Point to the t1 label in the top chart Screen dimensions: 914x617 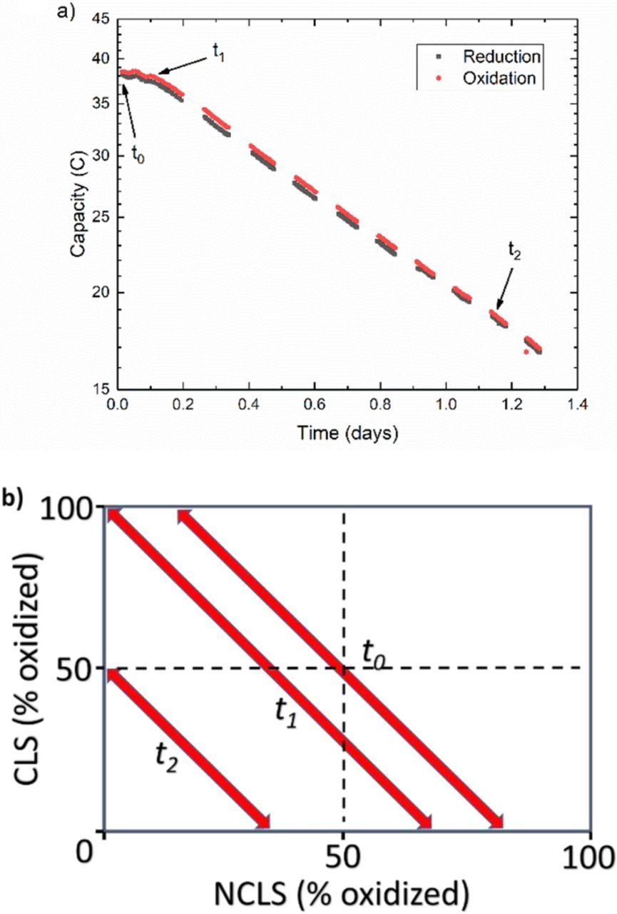click(x=219, y=53)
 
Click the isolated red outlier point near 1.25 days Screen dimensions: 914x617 click(x=526, y=351)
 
